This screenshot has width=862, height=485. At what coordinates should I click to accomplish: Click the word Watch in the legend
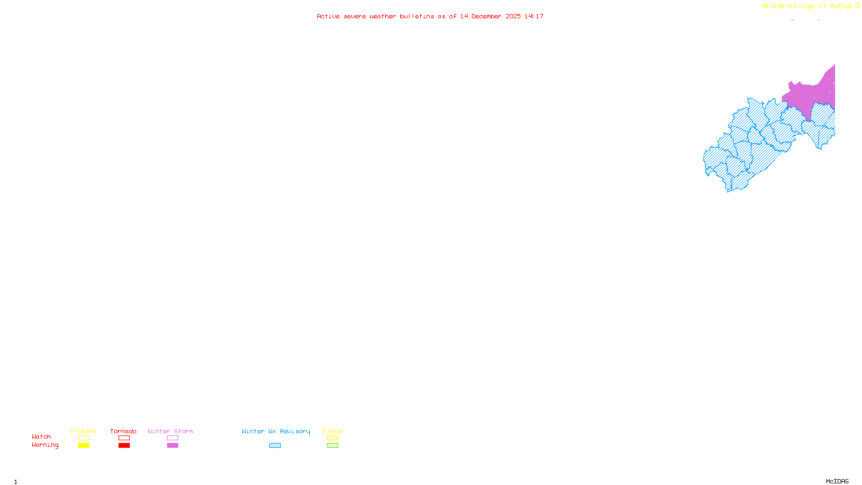coord(41,437)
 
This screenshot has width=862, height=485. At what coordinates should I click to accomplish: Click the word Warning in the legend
coord(45,445)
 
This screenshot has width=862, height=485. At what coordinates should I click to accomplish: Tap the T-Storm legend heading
coord(83,431)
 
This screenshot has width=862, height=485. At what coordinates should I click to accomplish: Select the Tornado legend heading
coord(123,431)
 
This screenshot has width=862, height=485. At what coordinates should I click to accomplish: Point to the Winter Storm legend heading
coord(170,431)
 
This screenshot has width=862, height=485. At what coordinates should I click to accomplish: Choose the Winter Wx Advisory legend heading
coord(276,431)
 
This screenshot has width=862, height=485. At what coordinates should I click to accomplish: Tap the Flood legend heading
coord(332,431)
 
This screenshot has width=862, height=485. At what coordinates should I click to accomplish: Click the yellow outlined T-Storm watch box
coord(84,438)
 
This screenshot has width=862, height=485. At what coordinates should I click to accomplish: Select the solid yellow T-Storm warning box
coord(84,446)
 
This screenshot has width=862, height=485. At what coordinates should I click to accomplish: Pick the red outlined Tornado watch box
coord(124,438)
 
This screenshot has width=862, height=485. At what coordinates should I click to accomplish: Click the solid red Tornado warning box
coord(124,446)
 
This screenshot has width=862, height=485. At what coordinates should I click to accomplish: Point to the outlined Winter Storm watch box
coord(172,438)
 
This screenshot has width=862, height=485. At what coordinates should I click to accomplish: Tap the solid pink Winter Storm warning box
coord(172,446)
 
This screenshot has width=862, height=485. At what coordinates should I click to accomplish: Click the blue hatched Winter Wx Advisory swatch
coord(275,446)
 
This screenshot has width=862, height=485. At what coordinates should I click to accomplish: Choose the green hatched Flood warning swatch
coord(332,446)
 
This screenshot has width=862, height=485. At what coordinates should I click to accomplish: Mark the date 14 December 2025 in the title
coord(490,17)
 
